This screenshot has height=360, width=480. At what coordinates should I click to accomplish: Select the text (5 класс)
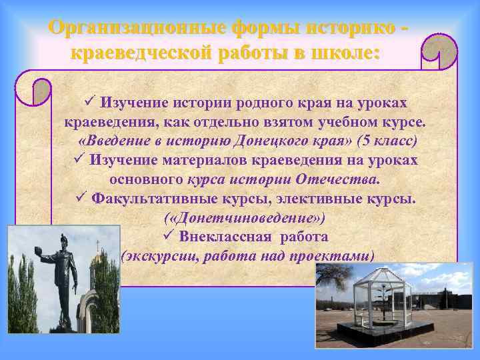point(388,141)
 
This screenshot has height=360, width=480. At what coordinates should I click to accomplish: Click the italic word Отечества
point(343,179)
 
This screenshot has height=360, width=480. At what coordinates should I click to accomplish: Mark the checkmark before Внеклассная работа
point(167,237)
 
